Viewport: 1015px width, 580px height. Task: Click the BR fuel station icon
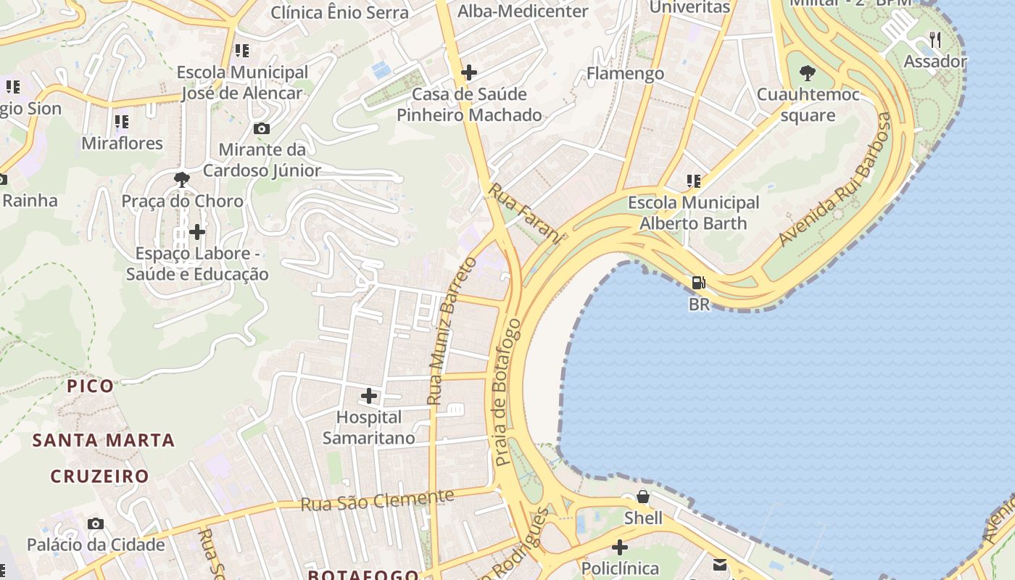(x=699, y=283)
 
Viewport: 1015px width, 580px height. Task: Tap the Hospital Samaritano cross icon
(x=369, y=396)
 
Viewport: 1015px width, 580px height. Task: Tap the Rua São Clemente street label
(x=377, y=500)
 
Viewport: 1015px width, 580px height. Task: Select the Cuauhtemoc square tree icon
(x=807, y=72)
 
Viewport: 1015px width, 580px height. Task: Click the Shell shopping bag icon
(x=642, y=497)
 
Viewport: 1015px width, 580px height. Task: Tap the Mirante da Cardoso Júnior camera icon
(x=262, y=128)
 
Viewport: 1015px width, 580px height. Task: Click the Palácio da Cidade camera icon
(x=95, y=523)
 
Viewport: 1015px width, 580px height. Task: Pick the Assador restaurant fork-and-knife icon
(x=935, y=40)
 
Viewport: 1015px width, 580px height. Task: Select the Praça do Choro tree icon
(x=182, y=179)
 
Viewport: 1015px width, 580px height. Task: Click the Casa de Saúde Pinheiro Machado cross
(x=469, y=72)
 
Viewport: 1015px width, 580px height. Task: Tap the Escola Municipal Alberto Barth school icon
(x=694, y=181)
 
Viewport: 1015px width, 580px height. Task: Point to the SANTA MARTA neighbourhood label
(x=104, y=440)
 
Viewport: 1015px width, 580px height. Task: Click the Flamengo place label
(x=625, y=73)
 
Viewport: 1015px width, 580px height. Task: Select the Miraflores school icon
(x=121, y=121)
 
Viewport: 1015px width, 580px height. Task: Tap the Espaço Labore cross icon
(x=196, y=232)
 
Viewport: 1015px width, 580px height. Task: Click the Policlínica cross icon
(x=620, y=547)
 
